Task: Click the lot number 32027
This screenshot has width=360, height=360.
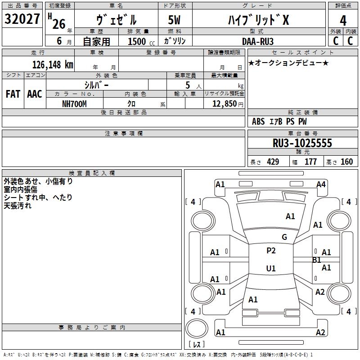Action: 22,19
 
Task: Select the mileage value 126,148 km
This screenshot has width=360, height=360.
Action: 53,65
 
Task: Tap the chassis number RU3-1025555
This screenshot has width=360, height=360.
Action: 302,143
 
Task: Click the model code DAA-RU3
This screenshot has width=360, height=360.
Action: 258,41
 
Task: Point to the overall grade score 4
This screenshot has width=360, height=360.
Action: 343,21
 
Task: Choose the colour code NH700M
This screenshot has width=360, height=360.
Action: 74,104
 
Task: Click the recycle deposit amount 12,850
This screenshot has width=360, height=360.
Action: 224,104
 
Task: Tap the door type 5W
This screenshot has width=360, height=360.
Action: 174,20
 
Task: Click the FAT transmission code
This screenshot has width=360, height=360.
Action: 13,94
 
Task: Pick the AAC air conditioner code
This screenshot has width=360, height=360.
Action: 35,94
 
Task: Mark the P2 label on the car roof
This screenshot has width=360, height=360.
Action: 271,251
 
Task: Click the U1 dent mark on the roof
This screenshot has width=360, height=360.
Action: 271,268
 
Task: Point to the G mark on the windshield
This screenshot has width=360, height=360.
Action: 284,237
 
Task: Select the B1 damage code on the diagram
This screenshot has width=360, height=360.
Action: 317,260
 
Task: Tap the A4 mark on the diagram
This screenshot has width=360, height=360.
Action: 321,184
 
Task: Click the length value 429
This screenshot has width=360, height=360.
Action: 273,162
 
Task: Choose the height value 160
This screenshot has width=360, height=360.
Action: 346,162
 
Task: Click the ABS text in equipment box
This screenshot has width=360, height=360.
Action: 258,121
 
